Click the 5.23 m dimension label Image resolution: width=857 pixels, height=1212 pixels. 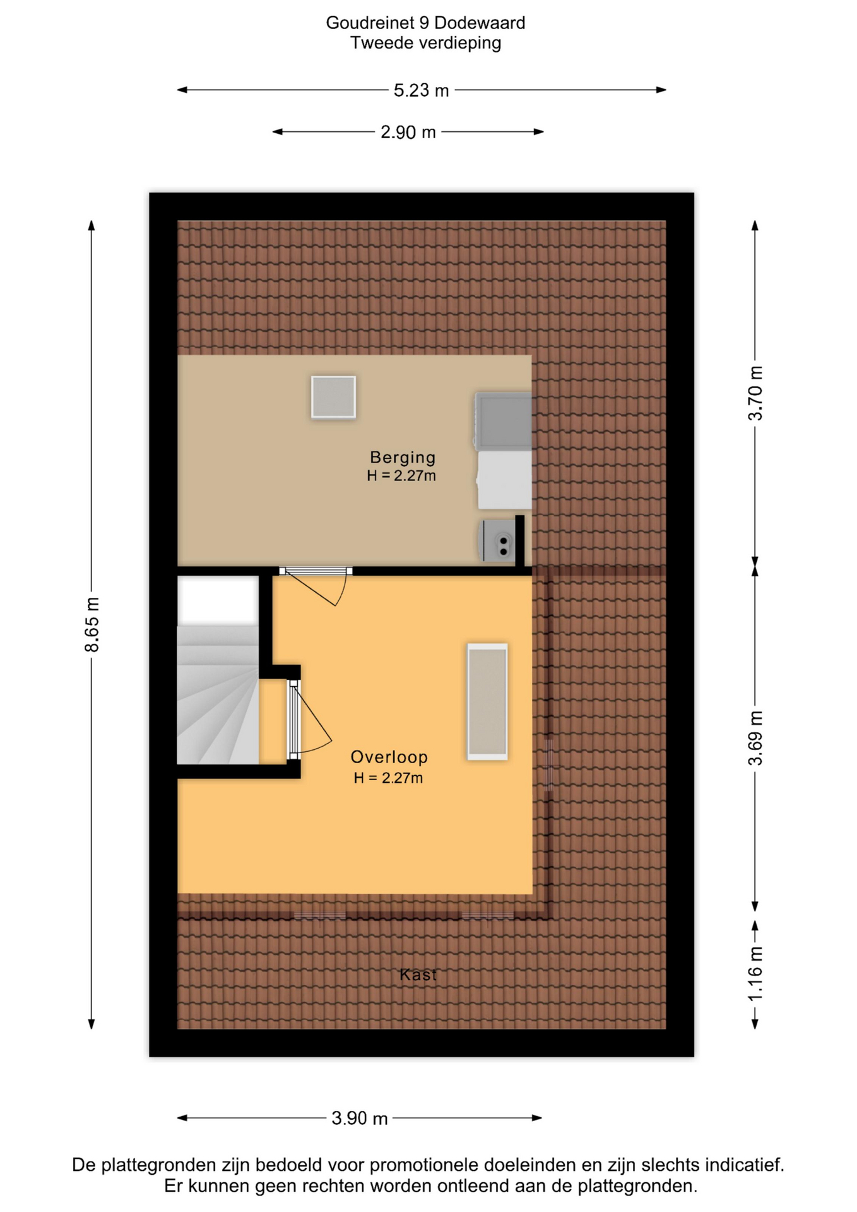point(421,90)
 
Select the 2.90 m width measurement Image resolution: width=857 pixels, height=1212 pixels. point(408,132)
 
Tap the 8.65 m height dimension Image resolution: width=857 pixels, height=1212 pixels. point(92,624)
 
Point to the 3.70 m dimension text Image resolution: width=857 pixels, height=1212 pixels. point(755,393)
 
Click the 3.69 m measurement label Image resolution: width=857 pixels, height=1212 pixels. point(755,738)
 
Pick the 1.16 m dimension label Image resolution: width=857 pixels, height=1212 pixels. point(755,974)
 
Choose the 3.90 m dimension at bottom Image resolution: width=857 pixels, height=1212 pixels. point(359,1118)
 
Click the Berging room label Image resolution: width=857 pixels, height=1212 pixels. point(403,457)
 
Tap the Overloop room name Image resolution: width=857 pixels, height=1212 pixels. point(389,757)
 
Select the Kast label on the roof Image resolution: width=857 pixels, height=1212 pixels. point(418,975)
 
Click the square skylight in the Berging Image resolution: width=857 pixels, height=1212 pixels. point(333,397)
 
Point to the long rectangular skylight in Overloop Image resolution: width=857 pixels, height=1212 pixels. point(487,701)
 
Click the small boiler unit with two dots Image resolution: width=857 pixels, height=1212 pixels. point(498,541)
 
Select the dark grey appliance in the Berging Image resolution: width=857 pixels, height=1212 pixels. point(503,421)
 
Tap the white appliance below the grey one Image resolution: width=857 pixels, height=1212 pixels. point(504,480)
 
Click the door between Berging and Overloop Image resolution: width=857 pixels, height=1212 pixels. point(316,585)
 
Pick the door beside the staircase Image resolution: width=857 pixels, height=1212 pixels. point(309,719)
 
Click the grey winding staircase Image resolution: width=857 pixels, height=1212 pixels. point(218,695)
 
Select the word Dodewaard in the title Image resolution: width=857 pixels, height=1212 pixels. point(480,23)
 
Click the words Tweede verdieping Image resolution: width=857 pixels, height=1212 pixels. point(425,43)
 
